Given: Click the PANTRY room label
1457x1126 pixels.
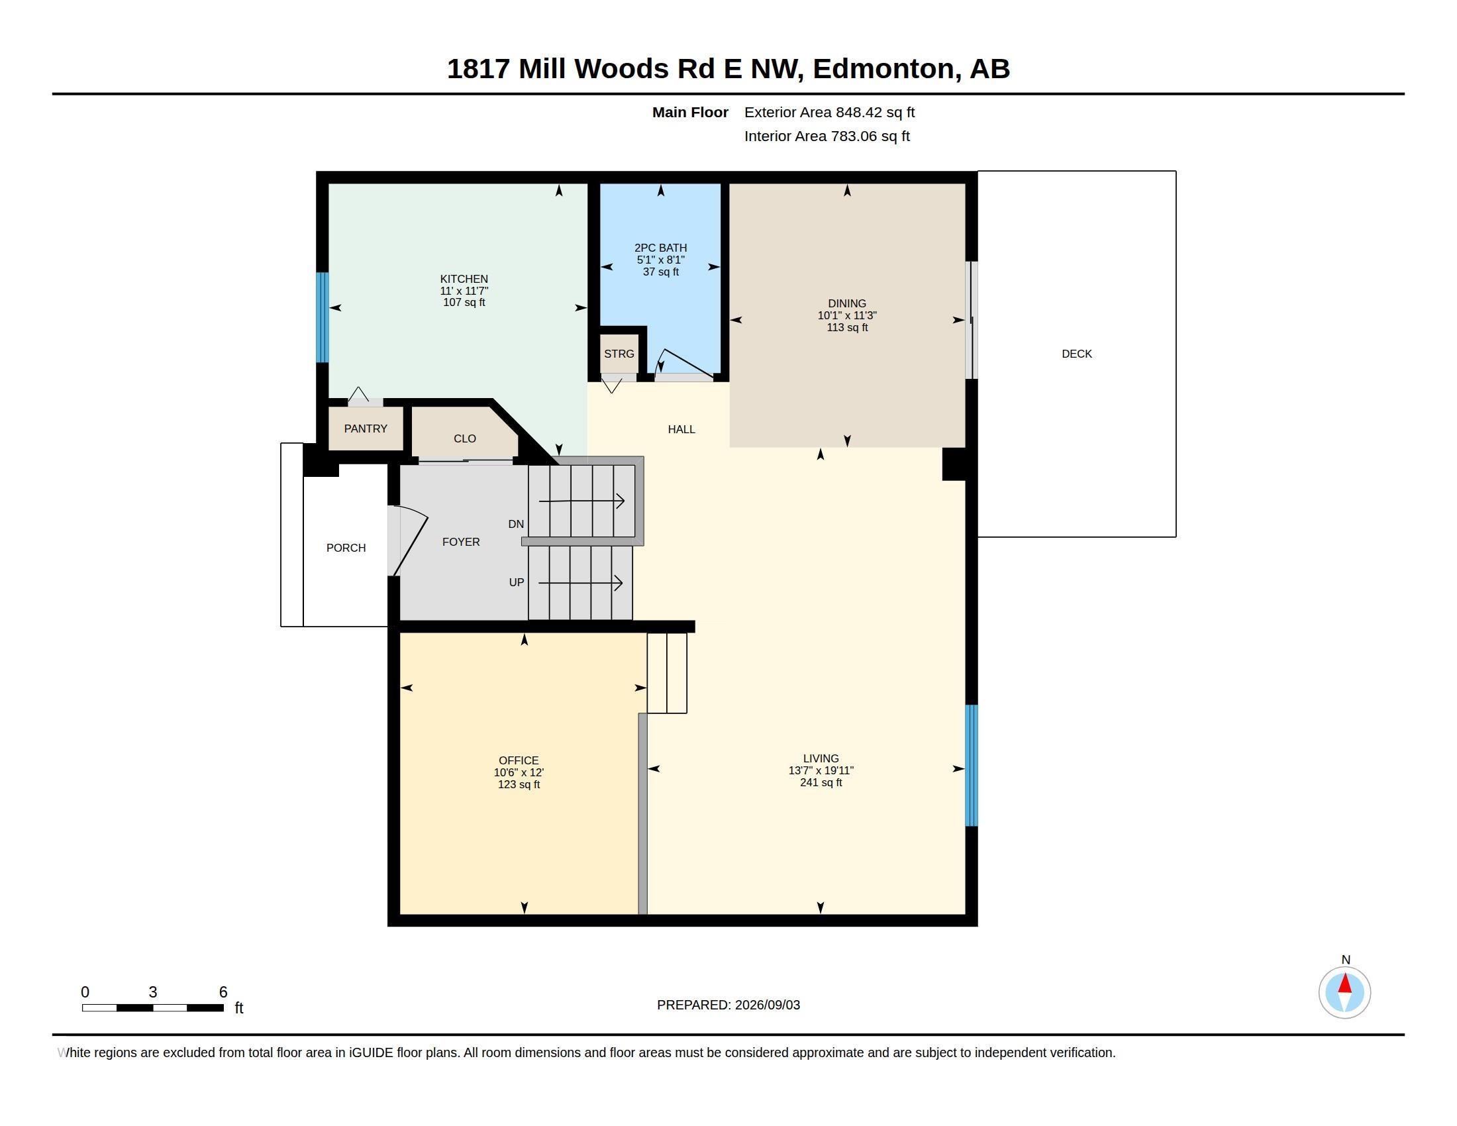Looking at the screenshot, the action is coord(366,429).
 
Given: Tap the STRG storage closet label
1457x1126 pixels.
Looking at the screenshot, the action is coord(619,354).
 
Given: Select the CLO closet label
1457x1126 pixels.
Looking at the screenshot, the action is coord(465,439).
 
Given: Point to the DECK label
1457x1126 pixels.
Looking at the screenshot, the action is coord(1077,354).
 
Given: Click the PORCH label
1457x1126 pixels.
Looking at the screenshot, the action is coord(346,548).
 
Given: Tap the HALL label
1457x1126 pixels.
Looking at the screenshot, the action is coord(681,430).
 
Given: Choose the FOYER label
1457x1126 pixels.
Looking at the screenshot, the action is coord(461,542).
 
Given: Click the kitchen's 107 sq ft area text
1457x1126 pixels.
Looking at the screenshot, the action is coord(464,303).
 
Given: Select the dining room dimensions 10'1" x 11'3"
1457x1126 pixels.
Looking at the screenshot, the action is coord(847,315).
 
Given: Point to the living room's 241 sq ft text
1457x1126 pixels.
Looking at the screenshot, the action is coord(821,782).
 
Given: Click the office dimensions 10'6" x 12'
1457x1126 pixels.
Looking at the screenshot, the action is coord(519,772).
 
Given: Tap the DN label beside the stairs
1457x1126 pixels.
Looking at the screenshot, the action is coord(517,525).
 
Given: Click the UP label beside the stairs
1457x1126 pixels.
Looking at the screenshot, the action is coord(517,582).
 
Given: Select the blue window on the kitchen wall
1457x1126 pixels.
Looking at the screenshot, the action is coord(323,317).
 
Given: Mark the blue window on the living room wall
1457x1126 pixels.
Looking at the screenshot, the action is coord(972,766).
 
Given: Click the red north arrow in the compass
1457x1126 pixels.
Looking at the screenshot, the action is coord(1345,984).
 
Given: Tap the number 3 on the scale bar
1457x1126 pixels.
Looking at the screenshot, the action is coord(153,992).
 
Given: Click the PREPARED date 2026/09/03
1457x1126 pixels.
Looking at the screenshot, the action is coord(767,1005).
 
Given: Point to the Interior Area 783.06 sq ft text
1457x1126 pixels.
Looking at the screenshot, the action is coord(827,136).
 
